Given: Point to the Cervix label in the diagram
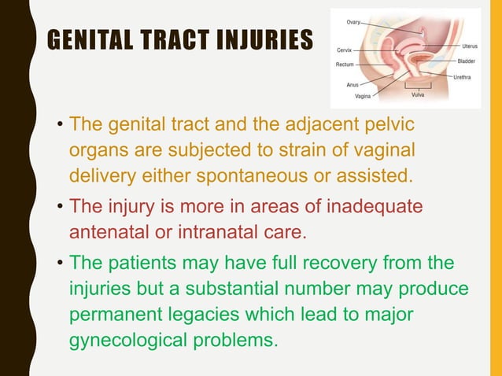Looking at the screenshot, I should pyautogui.click(x=344, y=50).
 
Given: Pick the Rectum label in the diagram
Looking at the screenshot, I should pyautogui.click(x=344, y=64).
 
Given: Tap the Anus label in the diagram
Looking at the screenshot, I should pyautogui.click(x=353, y=84).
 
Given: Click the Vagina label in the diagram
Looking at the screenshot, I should pyautogui.click(x=363, y=97).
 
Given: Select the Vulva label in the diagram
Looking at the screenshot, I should pyautogui.click(x=420, y=97).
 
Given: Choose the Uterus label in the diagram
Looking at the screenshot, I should pyautogui.click(x=470, y=46).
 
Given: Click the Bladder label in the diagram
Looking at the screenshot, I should pyautogui.click(x=466, y=61).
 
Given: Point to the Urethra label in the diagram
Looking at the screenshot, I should pyautogui.click(x=463, y=76).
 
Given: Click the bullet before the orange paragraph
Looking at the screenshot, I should pyautogui.click(x=60, y=126).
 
